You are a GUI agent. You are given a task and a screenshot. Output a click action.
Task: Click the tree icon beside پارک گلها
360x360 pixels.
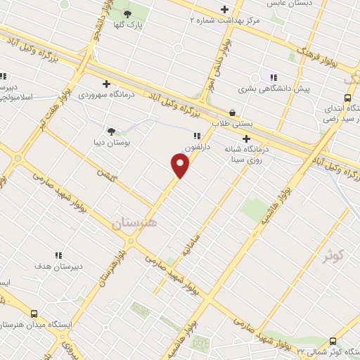point(127,13)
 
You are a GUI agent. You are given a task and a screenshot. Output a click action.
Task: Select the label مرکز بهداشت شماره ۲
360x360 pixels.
point(225,20)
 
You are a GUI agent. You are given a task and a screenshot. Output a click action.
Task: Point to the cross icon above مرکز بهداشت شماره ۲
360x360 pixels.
point(224,9)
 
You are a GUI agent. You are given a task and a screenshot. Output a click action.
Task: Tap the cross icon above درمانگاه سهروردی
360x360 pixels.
point(105,83)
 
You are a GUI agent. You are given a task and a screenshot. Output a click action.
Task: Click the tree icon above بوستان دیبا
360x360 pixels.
point(111,131)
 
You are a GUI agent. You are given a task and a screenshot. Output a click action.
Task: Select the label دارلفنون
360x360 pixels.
point(197,147)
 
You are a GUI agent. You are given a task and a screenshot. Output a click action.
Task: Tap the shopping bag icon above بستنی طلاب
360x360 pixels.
point(232,112)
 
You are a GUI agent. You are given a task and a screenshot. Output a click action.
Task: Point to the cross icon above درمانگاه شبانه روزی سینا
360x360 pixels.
point(246,139)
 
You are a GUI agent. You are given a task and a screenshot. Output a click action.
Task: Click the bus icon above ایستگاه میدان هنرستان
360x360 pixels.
point(34,314)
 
